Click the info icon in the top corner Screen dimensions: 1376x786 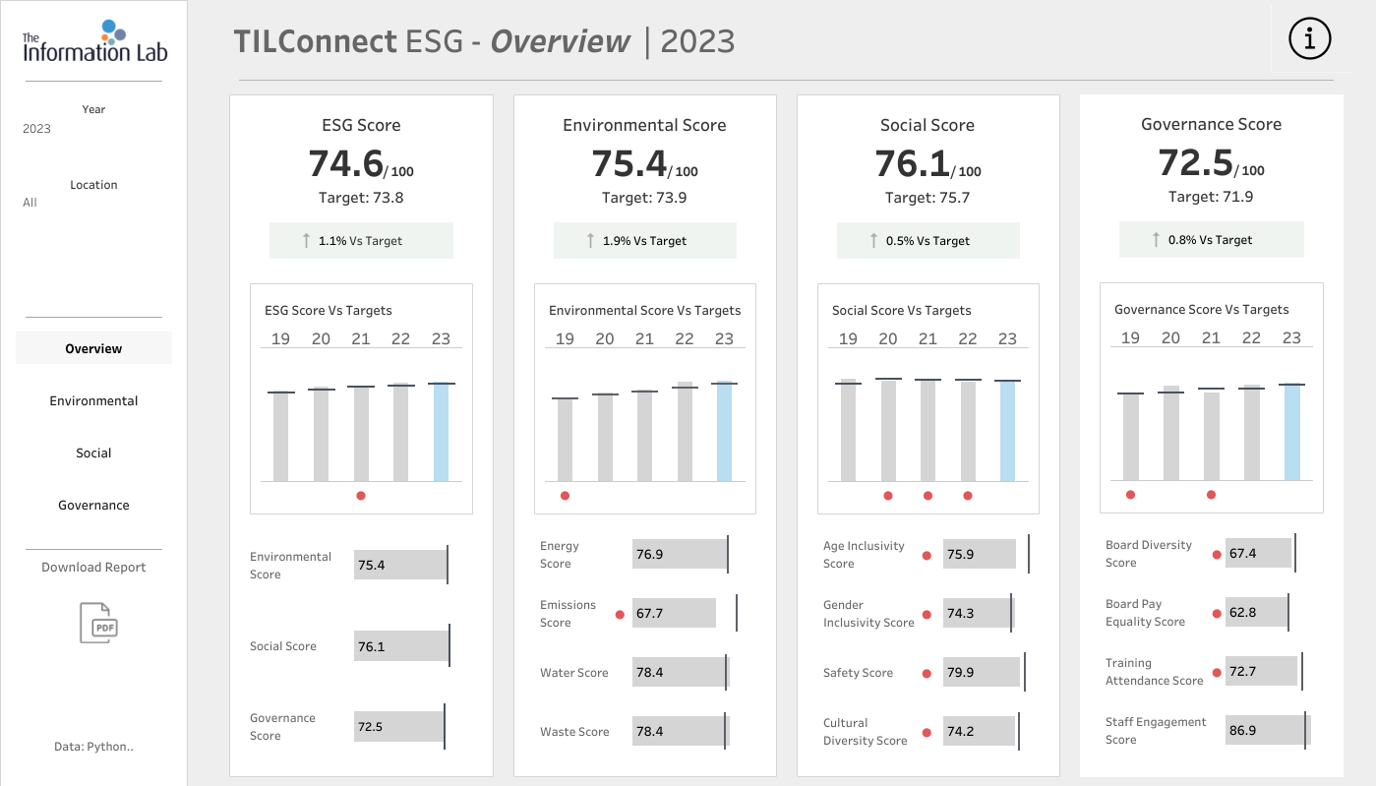pos(1310,38)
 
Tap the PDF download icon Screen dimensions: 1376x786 pos(98,623)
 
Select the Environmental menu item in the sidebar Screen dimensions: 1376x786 pos(93,400)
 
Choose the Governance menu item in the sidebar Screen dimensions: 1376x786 pos(93,506)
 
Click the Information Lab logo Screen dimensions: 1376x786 pos(94,41)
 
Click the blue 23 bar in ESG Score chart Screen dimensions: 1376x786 pos(441,432)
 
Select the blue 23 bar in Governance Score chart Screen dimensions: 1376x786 pos(1291,432)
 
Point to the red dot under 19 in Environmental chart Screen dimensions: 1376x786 pos(566,496)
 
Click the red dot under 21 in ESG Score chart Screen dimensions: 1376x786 pos(361,496)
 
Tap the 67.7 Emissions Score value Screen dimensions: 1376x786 pos(649,613)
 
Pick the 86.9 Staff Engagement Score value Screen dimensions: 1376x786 pos(1242,730)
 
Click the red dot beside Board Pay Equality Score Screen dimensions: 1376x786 pos(1217,613)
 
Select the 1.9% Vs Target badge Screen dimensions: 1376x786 pos(645,240)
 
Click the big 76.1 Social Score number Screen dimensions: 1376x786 pos(912,163)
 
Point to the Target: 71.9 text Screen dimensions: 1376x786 pos(1211,197)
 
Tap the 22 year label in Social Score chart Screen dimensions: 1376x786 pos(968,338)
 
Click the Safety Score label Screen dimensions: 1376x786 pos(859,672)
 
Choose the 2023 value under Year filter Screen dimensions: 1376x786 pos(36,129)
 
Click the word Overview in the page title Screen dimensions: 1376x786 pos(561,41)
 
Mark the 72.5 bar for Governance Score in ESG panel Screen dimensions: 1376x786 pos(398,726)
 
